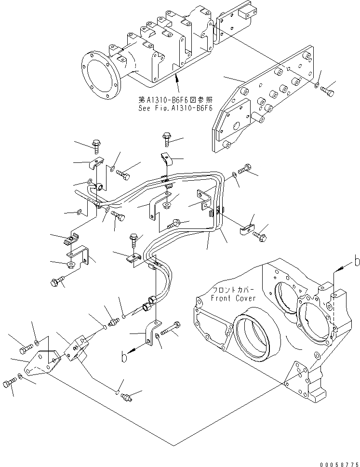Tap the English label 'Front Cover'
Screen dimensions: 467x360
(x=233, y=298)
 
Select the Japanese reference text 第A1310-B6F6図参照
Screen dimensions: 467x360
(x=176, y=100)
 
